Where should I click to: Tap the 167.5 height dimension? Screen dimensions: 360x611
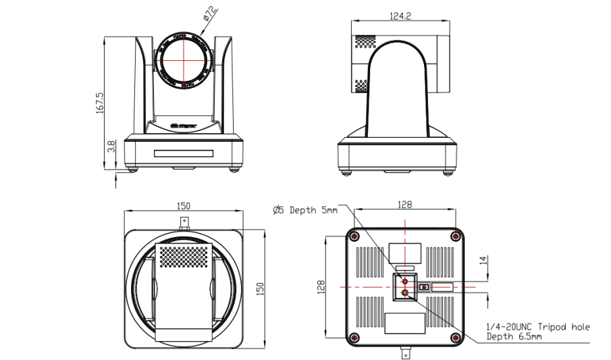pyautogui.click(x=100, y=103)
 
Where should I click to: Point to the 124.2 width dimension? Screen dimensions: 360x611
pyautogui.click(x=400, y=16)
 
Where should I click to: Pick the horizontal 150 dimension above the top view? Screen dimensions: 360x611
pyautogui.click(x=184, y=205)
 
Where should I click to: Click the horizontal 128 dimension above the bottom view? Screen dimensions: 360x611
pyautogui.click(x=404, y=204)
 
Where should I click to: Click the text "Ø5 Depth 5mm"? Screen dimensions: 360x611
pyautogui.click(x=304, y=210)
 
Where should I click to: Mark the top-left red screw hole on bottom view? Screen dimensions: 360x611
pyautogui.click(x=353, y=236)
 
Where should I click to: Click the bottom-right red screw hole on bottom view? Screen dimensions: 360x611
pyautogui.click(x=456, y=337)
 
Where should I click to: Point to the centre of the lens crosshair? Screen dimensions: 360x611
pyautogui.click(x=182, y=58)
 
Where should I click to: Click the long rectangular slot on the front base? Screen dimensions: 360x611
pyautogui.click(x=182, y=153)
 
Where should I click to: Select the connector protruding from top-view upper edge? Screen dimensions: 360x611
pyautogui.click(x=182, y=223)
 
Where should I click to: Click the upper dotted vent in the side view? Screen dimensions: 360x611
pyautogui.click(x=365, y=41)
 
